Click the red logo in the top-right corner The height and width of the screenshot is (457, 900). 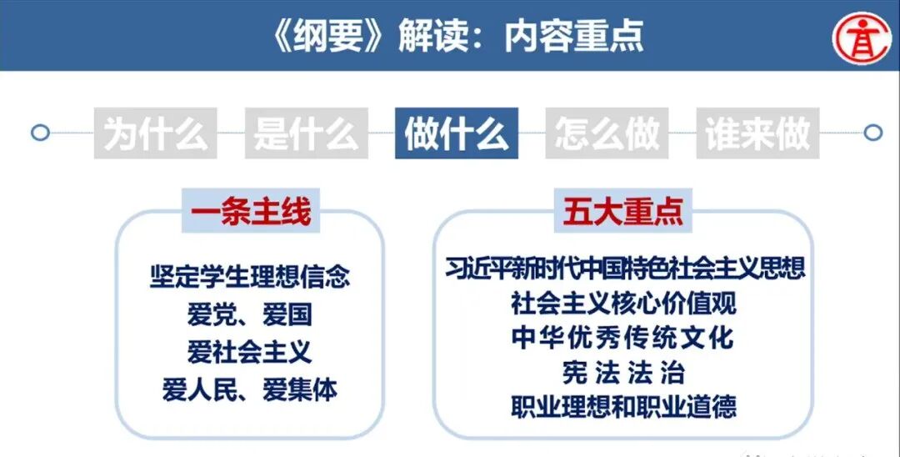(863, 36)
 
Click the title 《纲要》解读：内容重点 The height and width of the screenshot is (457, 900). (451, 36)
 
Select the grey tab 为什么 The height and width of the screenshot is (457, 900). (156, 133)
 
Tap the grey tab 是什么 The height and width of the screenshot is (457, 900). (306, 133)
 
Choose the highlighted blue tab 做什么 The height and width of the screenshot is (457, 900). (457, 133)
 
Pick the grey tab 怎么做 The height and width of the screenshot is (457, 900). (607, 133)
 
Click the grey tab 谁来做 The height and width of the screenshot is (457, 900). (757, 133)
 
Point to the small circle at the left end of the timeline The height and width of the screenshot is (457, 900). (39, 133)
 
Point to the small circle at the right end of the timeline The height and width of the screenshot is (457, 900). (872, 133)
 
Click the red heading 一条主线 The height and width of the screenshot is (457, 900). (250, 213)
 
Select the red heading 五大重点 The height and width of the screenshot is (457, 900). (622, 213)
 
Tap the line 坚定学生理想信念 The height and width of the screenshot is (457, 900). (250, 276)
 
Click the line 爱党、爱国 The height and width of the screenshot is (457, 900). (250, 314)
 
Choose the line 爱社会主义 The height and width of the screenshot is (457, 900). (250, 351)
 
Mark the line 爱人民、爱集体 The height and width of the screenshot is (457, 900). (250, 389)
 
